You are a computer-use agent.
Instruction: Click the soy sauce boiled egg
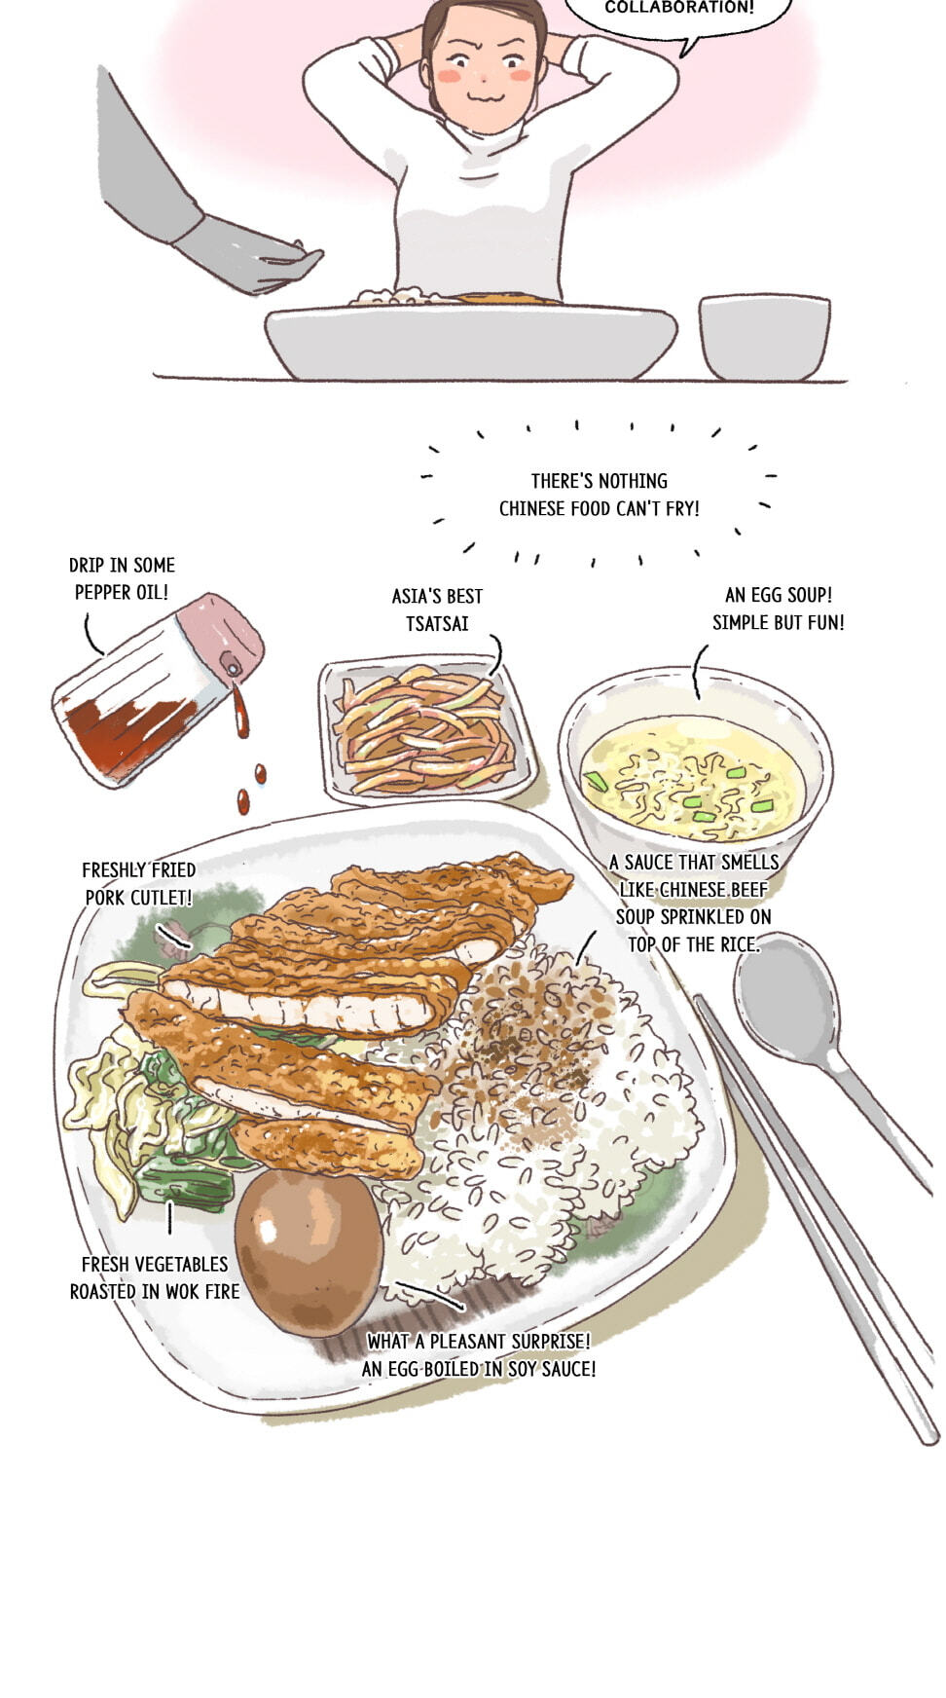click(309, 1252)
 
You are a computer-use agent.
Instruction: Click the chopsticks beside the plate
click(818, 1217)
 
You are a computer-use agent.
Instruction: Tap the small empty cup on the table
click(764, 337)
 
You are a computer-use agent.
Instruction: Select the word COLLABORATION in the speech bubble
click(679, 8)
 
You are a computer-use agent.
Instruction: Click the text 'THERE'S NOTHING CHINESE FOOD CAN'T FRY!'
click(599, 495)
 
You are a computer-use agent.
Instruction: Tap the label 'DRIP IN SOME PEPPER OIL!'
click(122, 578)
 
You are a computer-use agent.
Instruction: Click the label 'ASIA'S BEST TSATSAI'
click(437, 609)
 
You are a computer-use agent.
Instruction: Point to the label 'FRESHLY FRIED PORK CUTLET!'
click(139, 883)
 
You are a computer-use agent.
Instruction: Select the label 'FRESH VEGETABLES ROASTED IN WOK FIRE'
click(154, 1277)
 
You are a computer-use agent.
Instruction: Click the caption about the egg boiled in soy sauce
click(479, 1354)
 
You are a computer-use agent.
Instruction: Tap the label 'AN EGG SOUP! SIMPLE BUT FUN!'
click(779, 609)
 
